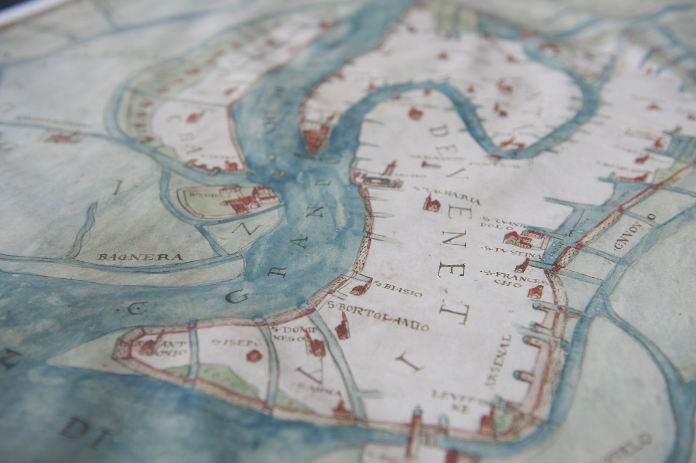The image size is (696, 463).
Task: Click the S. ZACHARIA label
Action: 448,195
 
